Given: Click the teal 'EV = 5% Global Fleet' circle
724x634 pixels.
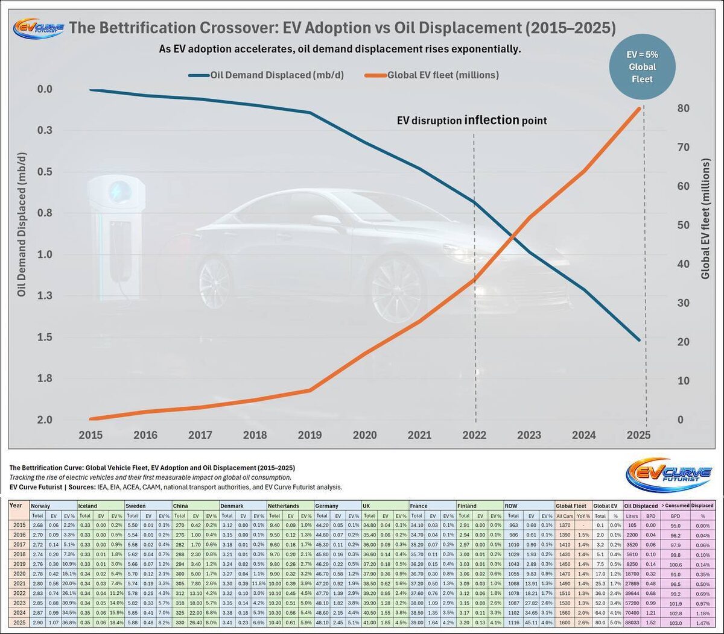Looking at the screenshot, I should (x=642, y=67).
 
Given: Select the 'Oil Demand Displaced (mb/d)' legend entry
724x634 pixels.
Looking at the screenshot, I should (x=266, y=75).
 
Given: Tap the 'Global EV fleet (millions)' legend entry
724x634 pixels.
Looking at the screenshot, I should (x=433, y=75).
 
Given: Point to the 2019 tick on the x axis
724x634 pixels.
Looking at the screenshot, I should (x=310, y=435).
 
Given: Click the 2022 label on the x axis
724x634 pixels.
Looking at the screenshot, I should (x=474, y=435).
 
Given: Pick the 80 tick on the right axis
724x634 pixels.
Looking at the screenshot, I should (x=684, y=108).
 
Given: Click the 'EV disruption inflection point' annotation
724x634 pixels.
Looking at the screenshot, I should (x=471, y=121).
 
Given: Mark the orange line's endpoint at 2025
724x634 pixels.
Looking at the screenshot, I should (x=640, y=108).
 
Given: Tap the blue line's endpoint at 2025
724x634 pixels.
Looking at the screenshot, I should (x=640, y=341).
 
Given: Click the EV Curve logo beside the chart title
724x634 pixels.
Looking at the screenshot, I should (x=38, y=28).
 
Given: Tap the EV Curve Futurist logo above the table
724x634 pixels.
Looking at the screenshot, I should (x=668, y=475).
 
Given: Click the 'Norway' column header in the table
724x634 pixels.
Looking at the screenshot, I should (x=40, y=506).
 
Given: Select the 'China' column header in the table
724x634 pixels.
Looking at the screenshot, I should (x=180, y=506).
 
